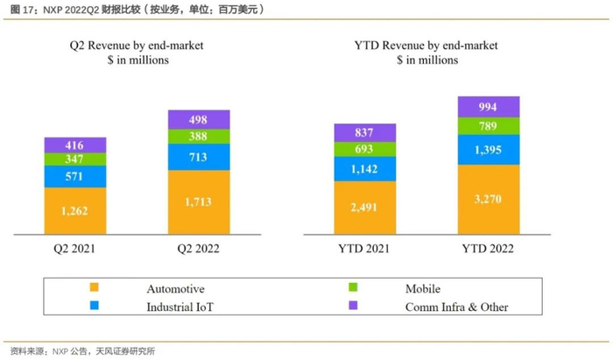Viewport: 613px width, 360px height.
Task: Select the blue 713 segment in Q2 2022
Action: click(x=199, y=158)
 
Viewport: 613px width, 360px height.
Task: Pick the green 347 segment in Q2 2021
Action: click(x=75, y=159)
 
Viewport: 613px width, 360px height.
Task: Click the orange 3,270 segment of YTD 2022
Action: click(x=488, y=198)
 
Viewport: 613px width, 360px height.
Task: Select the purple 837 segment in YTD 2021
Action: click(x=364, y=133)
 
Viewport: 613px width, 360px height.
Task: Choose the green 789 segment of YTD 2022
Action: click(x=488, y=127)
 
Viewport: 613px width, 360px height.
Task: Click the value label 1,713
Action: click(x=199, y=201)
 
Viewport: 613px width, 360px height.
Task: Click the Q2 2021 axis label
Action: click(x=75, y=248)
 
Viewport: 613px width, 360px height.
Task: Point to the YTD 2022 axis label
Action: click(x=488, y=248)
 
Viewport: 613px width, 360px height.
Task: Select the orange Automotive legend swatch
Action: click(x=93, y=288)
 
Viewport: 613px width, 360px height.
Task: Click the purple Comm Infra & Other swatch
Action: click(x=354, y=307)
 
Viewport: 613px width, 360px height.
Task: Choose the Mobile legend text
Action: click(x=423, y=288)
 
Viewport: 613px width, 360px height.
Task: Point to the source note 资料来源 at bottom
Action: click(x=83, y=350)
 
